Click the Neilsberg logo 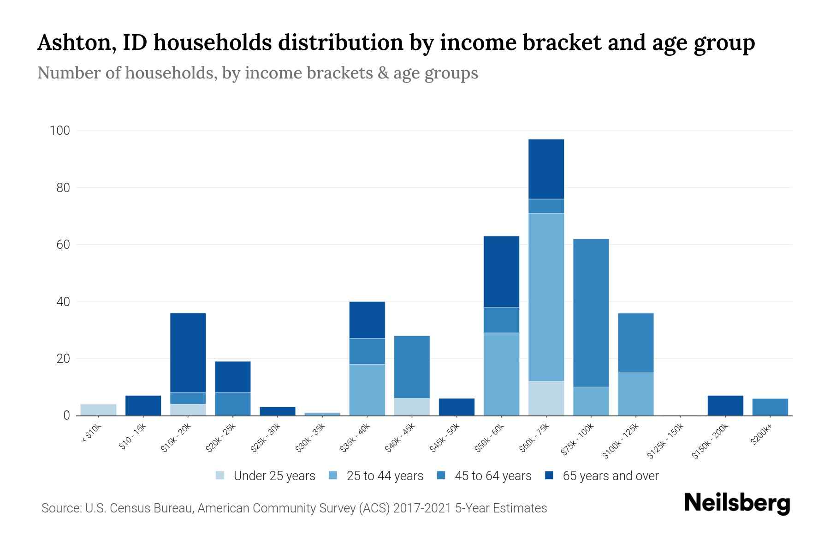pos(737,503)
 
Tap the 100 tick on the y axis pos(60,131)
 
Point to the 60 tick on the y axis pos(63,245)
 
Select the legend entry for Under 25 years pos(274,476)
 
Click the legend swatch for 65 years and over pos(549,476)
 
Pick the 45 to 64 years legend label pos(492,476)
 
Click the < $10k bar pos(98,410)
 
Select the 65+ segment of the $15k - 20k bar pos(188,353)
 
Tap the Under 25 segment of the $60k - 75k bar pos(546,398)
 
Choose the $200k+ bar pos(770,407)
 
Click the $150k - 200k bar pos(725,406)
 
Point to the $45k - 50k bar pos(456,407)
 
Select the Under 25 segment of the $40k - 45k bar pos(412,407)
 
